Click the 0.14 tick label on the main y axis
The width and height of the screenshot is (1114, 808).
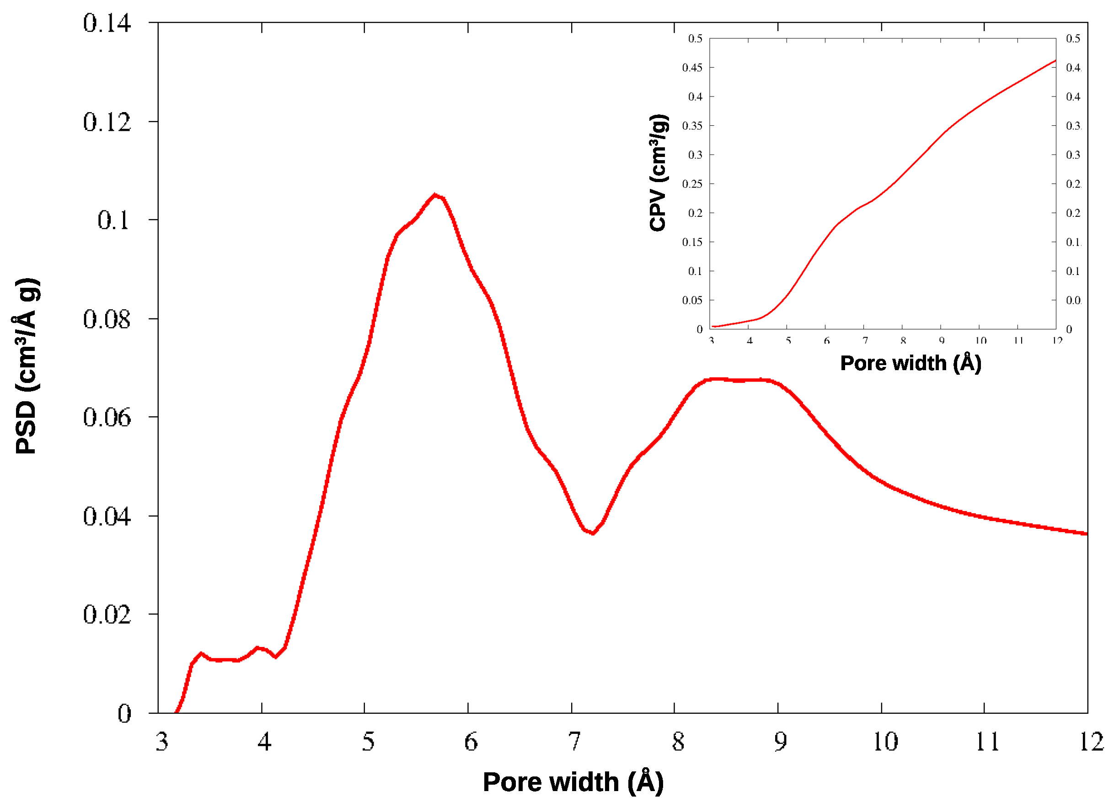pyautogui.click(x=107, y=23)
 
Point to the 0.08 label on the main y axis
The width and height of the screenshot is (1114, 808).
pyautogui.click(x=107, y=319)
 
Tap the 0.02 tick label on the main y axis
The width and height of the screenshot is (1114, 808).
pyautogui.click(x=107, y=614)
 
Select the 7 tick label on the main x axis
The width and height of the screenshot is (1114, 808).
pyautogui.click(x=574, y=742)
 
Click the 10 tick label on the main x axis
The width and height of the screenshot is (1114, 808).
pyautogui.click(x=884, y=742)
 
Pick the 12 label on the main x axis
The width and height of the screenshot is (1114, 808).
pyautogui.click(x=1092, y=742)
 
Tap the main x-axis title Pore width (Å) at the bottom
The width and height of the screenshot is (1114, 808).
pyautogui.click(x=573, y=782)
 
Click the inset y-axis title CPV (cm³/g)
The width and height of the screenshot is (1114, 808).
pyautogui.click(x=658, y=172)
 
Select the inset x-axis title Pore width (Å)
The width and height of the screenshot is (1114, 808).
pyautogui.click(x=910, y=363)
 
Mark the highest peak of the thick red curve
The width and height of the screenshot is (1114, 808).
pyautogui.click(x=435, y=195)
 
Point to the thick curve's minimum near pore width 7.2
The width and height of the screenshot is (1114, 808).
pyautogui.click(x=593, y=533)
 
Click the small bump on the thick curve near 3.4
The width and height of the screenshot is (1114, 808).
pyautogui.click(x=200, y=654)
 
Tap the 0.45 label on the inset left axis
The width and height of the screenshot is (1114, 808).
pyautogui.click(x=692, y=67)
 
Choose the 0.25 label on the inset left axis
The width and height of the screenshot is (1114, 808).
pyautogui.click(x=692, y=184)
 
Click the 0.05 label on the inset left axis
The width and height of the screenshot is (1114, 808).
pyautogui.click(x=692, y=300)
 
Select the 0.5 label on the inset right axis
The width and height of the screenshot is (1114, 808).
pyautogui.click(x=1073, y=38)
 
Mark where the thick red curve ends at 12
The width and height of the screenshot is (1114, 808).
pyautogui.click(x=1087, y=533)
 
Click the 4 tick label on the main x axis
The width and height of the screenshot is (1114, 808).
pyautogui.click(x=264, y=742)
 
